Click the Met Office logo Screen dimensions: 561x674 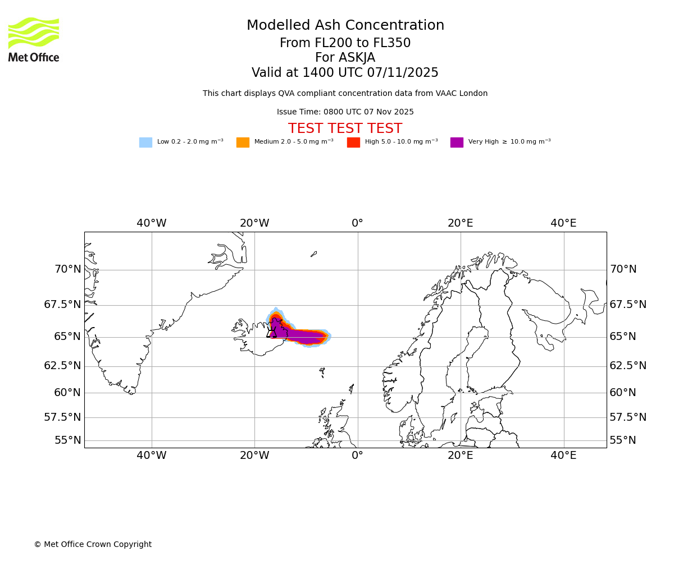pyautogui.click(x=34, y=39)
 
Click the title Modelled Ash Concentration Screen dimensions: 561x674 pyautogui.click(x=345, y=26)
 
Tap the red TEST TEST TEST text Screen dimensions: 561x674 pyautogui.click(x=345, y=128)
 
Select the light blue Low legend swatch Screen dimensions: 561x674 pyautogui.click(x=145, y=142)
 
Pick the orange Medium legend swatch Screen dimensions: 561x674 pyautogui.click(x=243, y=142)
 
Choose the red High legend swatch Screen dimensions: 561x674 pyautogui.click(x=353, y=142)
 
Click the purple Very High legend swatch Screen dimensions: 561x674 pyautogui.click(x=457, y=142)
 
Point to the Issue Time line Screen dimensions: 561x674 pyautogui.click(x=345, y=112)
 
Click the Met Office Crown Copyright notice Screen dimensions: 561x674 pyautogui.click(x=93, y=544)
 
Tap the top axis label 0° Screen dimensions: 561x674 pyautogui.click(x=358, y=223)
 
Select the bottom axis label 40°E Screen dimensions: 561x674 pyautogui.click(x=563, y=456)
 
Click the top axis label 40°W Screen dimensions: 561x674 pyautogui.click(x=152, y=223)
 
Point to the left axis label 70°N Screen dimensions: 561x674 pyautogui.click(x=68, y=269)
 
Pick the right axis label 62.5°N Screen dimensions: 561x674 pyautogui.click(x=628, y=366)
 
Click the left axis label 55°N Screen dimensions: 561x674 pyautogui.click(x=68, y=440)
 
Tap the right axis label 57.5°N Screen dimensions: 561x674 pyautogui.click(x=628, y=417)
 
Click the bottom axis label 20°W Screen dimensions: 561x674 pyautogui.click(x=254, y=456)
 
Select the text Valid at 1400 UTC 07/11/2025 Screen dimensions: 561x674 pyautogui.click(x=345, y=73)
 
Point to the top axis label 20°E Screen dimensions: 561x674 pyautogui.click(x=461, y=223)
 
